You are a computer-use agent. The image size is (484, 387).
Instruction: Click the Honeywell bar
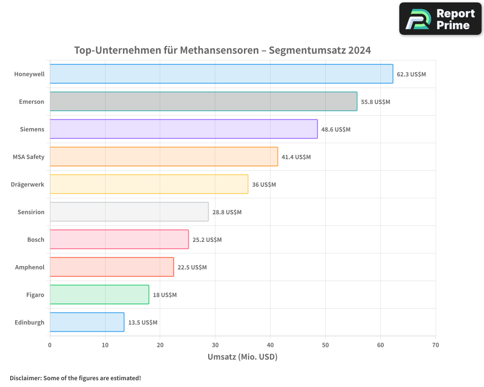tap(221, 74)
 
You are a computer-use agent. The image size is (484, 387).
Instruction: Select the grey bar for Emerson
tap(203, 102)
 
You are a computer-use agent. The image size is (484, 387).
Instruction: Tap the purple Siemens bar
tap(183, 129)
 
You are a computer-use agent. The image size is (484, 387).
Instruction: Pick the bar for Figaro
tap(99, 295)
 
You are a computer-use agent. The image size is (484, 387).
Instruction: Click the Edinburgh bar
tap(87, 322)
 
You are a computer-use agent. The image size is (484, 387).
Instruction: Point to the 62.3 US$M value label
tap(411, 74)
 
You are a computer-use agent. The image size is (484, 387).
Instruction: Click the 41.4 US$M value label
tap(296, 157)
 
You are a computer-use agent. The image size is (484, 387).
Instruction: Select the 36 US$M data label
tap(264, 185)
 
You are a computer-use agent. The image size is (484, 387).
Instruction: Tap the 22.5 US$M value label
tap(192, 268)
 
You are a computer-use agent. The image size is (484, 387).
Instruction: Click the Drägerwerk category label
tap(28, 185)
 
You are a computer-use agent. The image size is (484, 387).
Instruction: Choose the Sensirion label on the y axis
tap(31, 212)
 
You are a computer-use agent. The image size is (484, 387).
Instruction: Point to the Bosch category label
tap(36, 240)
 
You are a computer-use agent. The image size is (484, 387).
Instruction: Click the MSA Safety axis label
tap(29, 157)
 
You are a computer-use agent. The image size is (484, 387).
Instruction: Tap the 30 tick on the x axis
tap(215, 345)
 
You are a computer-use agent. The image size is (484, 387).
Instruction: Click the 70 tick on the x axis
tap(436, 345)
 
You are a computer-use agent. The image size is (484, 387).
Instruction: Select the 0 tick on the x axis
tap(50, 345)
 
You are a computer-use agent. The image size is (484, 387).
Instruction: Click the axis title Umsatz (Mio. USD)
tap(242, 357)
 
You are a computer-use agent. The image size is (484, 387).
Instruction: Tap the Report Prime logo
tap(440, 19)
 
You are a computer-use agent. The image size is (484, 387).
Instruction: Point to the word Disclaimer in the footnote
tap(25, 378)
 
